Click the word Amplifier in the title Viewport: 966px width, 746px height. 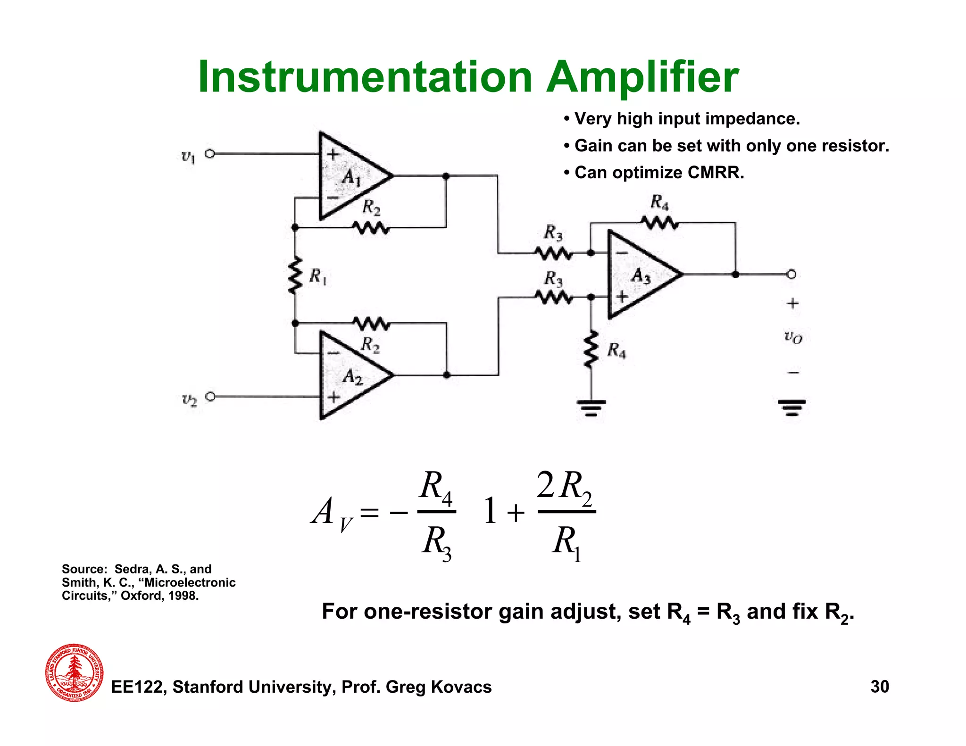(642, 78)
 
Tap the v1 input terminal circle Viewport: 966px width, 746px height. (210, 154)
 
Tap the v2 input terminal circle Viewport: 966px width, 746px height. (210, 397)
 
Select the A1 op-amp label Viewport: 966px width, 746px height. (351, 178)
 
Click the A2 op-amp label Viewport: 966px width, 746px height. (353, 377)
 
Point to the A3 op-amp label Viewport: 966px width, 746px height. (641, 275)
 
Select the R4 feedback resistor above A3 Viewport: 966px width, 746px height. (659, 223)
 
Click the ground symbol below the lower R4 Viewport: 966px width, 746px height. (591, 407)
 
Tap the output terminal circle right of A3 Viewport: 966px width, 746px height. (791, 274)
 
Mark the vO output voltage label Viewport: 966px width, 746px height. (793, 337)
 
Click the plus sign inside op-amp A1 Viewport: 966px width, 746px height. (333, 154)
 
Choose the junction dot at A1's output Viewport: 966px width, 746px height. (446, 176)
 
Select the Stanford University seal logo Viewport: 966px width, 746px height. (75, 672)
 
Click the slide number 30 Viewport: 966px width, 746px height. (880, 687)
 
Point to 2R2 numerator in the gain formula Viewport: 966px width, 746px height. (565, 487)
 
